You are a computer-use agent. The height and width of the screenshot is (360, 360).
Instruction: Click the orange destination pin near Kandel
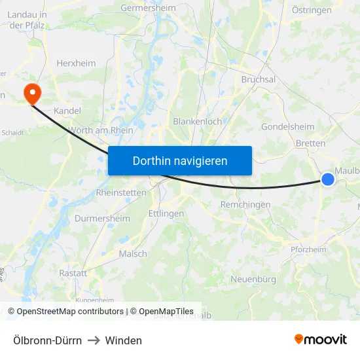tap(31, 93)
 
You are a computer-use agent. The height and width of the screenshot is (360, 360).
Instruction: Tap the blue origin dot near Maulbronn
tap(328, 179)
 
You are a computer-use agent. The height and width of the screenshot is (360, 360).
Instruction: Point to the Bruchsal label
tap(258, 79)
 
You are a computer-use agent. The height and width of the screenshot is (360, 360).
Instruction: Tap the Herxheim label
tap(76, 63)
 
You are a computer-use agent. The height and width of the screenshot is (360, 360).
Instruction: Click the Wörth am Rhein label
tap(100, 130)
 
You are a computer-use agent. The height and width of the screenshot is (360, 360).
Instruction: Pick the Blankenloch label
tap(197, 122)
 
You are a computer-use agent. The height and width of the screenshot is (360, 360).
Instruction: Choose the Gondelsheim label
tap(287, 126)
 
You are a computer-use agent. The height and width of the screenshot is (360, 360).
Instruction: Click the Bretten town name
tap(310, 143)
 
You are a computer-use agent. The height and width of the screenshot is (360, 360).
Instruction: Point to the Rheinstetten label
tap(121, 193)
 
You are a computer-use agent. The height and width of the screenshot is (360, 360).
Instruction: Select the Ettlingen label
tap(166, 213)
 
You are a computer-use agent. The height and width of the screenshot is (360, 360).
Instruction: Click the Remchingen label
tap(245, 205)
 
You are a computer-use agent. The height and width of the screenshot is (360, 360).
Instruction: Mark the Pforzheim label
tap(308, 249)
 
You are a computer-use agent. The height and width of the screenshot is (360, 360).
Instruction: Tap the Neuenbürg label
tap(253, 279)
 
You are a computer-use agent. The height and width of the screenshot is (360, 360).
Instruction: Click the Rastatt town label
tap(73, 273)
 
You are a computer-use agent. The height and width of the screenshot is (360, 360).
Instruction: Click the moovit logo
tap(320, 340)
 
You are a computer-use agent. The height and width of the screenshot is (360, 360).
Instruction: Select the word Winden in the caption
tap(123, 340)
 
